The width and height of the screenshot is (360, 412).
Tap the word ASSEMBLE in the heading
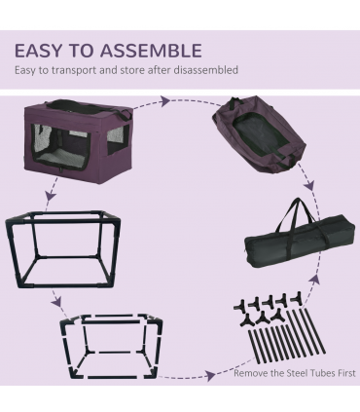pos(155,51)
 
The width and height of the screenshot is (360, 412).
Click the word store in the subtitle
pos(140,71)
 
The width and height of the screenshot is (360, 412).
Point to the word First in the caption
pos(345,373)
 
